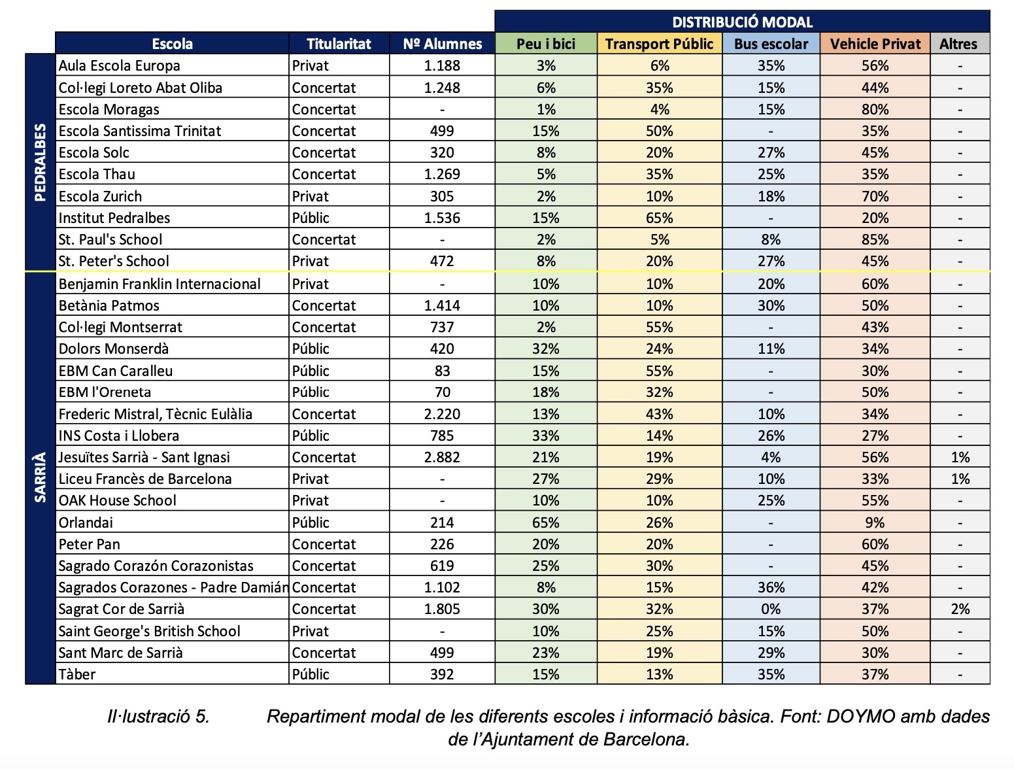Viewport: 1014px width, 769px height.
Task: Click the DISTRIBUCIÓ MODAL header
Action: (x=742, y=22)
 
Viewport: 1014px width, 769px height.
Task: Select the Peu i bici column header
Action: (x=546, y=44)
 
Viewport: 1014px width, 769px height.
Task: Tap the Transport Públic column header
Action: (x=659, y=44)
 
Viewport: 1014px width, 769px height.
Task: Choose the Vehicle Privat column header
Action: (x=875, y=44)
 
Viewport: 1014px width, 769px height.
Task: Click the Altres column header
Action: (x=960, y=44)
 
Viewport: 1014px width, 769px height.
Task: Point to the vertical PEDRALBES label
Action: (x=40, y=162)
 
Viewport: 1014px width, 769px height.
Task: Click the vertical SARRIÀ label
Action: (x=40, y=477)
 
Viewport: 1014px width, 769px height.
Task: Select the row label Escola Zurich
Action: (x=100, y=196)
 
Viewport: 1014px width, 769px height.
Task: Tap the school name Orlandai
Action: (x=86, y=522)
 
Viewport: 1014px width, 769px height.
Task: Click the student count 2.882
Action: (x=442, y=457)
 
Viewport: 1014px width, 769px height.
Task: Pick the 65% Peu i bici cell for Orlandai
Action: (x=546, y=522)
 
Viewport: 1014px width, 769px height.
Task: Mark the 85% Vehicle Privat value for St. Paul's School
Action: (x=875, y=240)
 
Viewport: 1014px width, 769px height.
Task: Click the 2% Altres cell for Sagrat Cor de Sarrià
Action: (x=960, y=609)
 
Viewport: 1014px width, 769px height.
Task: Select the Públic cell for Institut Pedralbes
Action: (x=311, y=218)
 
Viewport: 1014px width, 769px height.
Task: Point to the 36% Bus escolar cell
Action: (x=771, y=587)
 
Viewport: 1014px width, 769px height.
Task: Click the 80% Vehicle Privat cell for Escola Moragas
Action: (x=875, y=109)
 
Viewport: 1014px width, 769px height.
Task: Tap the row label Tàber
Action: (x=76, y=674)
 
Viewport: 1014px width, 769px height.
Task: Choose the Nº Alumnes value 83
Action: (x=442, y=371)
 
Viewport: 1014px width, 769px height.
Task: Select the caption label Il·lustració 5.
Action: (x=158, y=716)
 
